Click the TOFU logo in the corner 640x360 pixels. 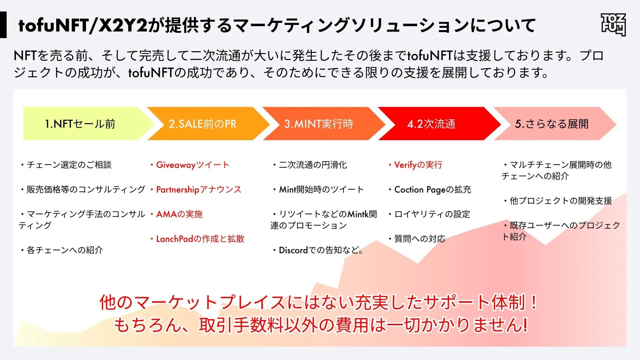click(x=613, y=25)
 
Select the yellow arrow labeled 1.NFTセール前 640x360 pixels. click(x=80, y=124)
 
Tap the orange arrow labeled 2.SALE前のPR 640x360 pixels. click(x=203, y=124)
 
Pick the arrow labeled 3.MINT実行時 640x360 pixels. click(x=318, y=124)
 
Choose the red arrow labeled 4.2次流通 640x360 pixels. click(x=431, y=124)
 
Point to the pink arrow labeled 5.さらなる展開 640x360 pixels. click(x=552, y=124)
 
